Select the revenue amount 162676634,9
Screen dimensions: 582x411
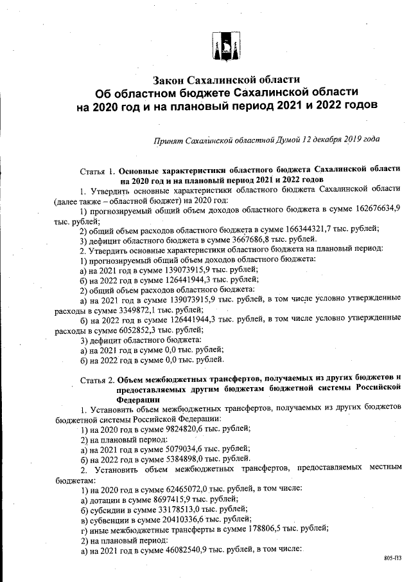(x=375, y=210)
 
